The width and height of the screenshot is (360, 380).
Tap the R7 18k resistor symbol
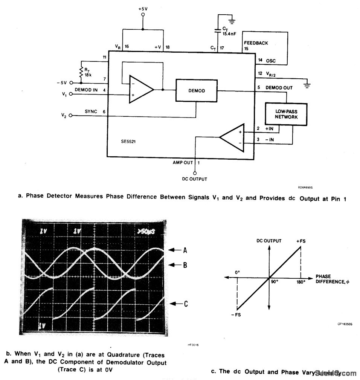[x=81, y=72]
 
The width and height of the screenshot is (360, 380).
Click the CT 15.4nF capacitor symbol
[x=218, y=30]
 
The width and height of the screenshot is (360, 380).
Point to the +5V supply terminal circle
[x=142, y=15]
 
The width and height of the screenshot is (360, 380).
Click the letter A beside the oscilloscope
[x=185, y=250]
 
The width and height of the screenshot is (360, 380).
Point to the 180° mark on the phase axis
[x=300, y=282]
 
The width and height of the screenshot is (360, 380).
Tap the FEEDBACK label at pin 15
[x=256, y=43]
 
